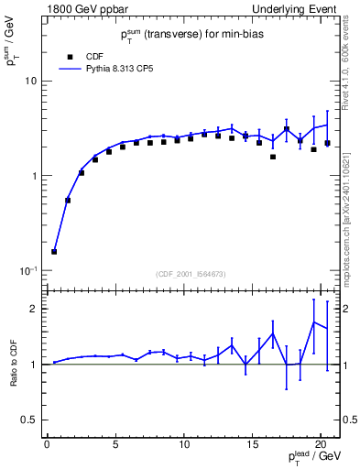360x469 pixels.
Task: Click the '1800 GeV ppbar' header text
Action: coord(87,9)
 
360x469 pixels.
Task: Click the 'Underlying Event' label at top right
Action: coord(299,9)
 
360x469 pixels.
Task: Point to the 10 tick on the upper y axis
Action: coord(31,81)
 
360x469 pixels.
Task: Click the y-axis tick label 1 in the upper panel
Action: coord(34,176)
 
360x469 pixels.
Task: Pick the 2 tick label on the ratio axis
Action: coord(34,309)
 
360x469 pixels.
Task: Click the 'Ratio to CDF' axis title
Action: coord(13,364)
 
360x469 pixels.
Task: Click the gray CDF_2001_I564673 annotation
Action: coord(192,274)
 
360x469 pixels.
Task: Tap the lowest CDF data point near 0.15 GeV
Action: coord(54,251)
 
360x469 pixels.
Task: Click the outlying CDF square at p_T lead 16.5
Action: coord(273,157)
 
